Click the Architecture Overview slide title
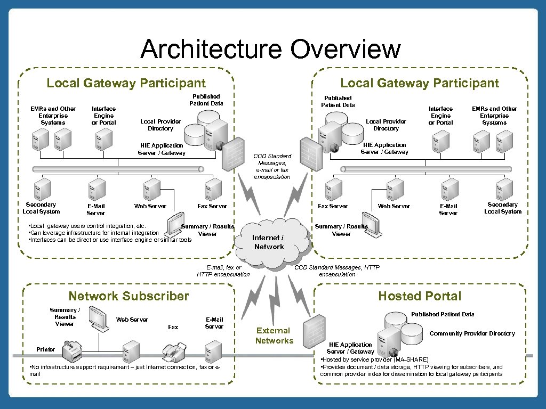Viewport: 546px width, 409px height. coord(270,50)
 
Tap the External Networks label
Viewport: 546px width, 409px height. coord(274,336)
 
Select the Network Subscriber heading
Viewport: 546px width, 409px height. coord(129,296)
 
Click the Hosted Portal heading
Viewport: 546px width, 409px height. coord(420,296)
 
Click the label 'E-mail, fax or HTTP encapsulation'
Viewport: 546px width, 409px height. coord(223,271)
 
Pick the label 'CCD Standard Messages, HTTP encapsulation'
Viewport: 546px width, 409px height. coord(337,271)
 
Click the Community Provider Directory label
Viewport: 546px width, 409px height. coord(472,333)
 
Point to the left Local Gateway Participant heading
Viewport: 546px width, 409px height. coord(126,83)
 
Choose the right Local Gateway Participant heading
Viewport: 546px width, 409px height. coord(420,83)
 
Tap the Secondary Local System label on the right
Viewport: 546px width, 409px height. coord(502,208)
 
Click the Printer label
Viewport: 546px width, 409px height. coord(45,349)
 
